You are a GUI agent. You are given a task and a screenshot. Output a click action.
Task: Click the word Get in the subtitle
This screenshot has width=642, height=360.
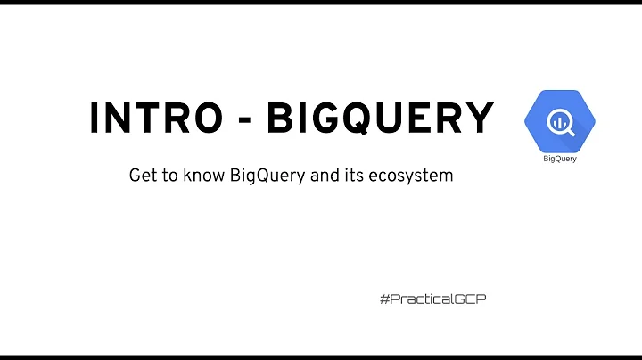[143, 176]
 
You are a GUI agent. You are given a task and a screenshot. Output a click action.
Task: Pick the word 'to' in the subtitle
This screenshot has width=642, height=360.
[169, 176]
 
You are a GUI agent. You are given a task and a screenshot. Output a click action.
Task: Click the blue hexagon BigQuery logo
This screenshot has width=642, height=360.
[559, 121]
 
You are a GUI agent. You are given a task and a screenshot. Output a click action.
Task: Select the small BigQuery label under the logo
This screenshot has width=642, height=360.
[559, 160]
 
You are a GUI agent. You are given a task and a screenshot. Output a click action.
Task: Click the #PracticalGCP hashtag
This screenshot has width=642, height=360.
[432, 299]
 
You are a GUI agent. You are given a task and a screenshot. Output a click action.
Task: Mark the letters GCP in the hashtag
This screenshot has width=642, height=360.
[472, 299]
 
